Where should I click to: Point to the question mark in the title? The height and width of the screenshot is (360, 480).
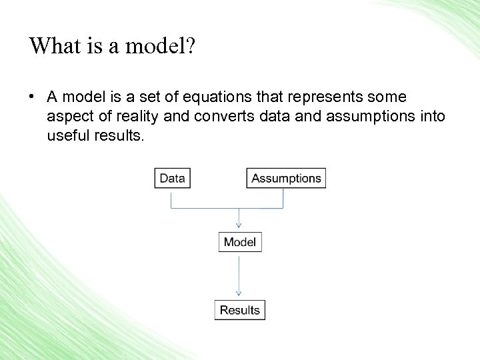191,46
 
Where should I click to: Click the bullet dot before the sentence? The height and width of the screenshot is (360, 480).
31,97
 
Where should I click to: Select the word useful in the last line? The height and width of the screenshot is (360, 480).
65,136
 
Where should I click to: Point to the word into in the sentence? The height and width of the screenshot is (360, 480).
432,117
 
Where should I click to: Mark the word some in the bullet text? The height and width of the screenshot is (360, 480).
387,98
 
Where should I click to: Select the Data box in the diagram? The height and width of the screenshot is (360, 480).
172,178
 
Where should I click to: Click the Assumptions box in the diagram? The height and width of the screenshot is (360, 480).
286,178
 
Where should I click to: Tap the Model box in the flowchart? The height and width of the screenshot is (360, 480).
240,242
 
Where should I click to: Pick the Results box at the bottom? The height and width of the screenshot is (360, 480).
240,310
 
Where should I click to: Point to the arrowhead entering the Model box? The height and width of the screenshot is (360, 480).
239,227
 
